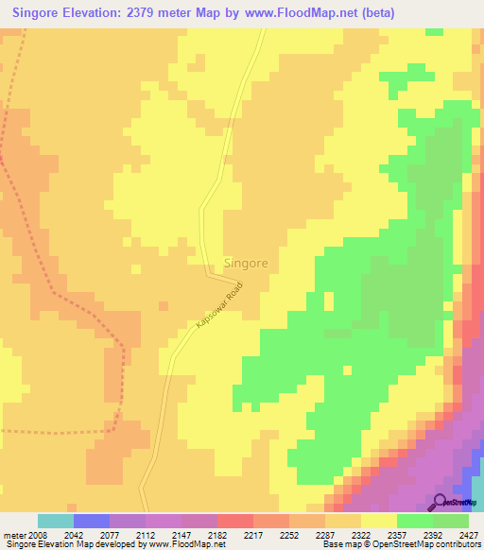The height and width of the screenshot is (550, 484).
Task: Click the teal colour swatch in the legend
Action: (x=55, y=521)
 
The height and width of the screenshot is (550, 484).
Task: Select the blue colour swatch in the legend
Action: (x=91, y=521)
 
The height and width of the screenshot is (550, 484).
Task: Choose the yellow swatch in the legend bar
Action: (x=378, y=521)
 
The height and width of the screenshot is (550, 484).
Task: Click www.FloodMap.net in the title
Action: (x=309, y=13)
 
